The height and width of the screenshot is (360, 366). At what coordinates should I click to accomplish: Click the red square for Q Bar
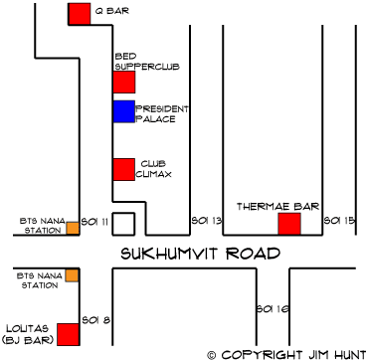click(80, 14)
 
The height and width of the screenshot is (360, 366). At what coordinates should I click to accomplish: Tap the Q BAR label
click(112, 11)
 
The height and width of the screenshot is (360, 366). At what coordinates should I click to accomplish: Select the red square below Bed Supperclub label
click(124, 82)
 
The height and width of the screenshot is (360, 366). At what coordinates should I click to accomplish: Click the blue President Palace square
click(124, 111)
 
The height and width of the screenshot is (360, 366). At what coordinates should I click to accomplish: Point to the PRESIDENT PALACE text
click(162, 114)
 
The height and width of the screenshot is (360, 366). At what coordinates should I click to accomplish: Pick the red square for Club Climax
click(124, 169)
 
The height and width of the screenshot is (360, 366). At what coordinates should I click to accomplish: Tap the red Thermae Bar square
click(289, 224)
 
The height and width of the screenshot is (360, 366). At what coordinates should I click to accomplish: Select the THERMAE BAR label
click(277, 207)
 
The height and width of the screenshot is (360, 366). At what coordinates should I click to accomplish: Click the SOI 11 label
click(94, 222)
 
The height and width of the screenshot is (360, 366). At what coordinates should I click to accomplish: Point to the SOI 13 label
click(206, 221)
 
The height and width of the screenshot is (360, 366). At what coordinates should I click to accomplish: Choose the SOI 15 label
click(339, 221)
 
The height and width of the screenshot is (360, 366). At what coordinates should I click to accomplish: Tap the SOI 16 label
click(273, 309)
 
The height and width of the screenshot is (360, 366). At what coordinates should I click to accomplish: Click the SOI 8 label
click(96, 320)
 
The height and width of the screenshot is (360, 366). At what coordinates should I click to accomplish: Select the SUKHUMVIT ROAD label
click(201, 254)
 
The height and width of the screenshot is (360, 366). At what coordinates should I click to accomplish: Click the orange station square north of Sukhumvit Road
click(73, 229)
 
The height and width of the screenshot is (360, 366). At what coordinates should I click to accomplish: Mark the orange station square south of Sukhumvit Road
click(72, 275)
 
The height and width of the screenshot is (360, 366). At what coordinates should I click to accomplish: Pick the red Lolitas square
click(69, 334)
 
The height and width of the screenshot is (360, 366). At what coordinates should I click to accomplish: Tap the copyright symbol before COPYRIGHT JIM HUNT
click(212, 355)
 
